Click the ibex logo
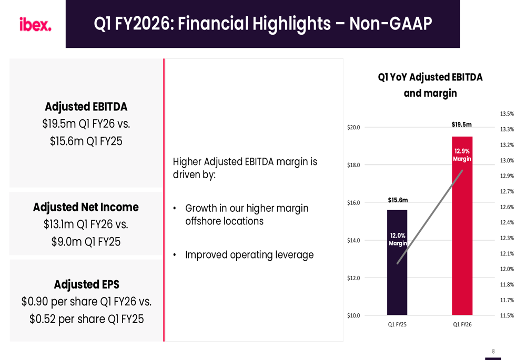click(35, 24)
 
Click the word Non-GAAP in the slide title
click(390, 24)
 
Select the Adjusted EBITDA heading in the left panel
click(86, 107)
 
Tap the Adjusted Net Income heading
click(86, 207)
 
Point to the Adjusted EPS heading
click(86, 284)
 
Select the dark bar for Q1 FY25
click(397, 284)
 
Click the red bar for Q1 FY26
click(462, 236)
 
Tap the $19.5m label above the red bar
click(462, 125)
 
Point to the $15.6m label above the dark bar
click(398, 200)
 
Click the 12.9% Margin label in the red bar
click(462, 155)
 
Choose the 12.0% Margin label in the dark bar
click(398, 240)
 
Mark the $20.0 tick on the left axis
click(353, 127)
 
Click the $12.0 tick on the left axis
click(353, 278)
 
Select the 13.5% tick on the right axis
click(507, 114)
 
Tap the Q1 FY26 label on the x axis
click(462, 325)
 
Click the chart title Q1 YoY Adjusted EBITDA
click(430, 77)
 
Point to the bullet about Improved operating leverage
click(249, 255)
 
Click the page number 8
click(493, 352)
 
